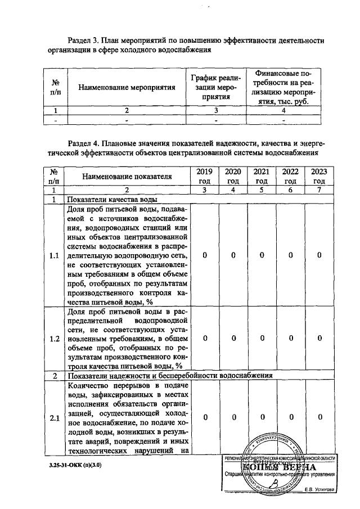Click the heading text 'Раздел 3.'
coord(85,40)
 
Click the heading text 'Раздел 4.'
coord(85,143)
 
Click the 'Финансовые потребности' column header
coord(283,87)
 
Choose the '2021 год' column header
coord(261,176)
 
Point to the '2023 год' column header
coord(319,176)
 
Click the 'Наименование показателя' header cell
coord(127,176)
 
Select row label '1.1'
coord(55,255)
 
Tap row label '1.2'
coord(55,339)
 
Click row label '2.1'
coord(55,418)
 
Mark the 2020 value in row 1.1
coord(232,255)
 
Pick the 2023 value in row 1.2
coord(319,339)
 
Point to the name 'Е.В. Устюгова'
coord(318,490)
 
